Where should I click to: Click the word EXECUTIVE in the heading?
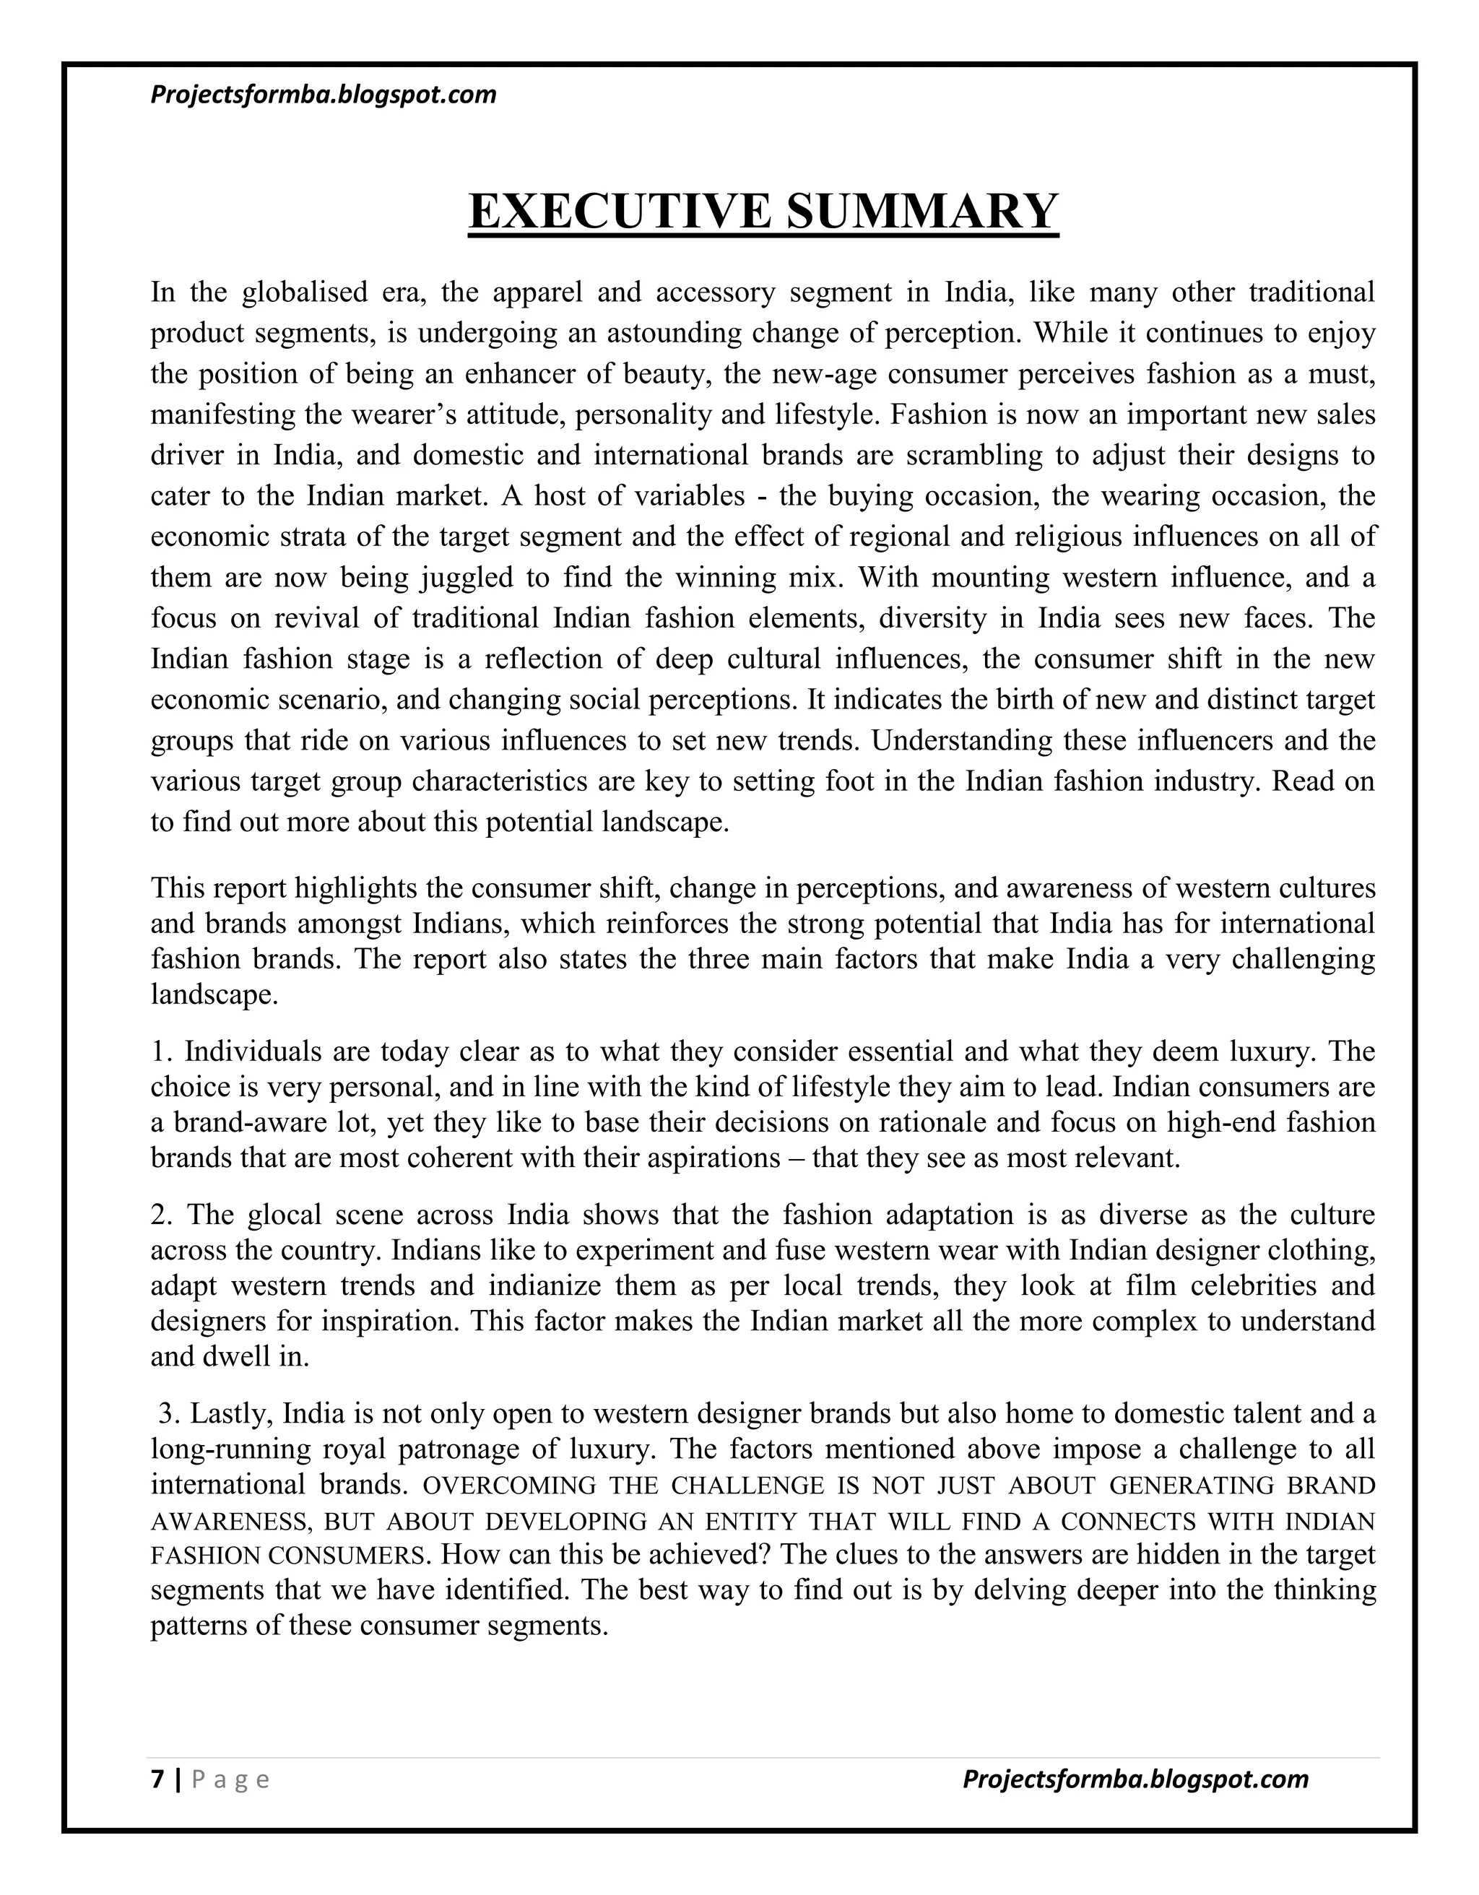620,211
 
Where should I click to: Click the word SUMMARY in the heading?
921,211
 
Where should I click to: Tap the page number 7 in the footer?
157,1779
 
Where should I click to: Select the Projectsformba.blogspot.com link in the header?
324,94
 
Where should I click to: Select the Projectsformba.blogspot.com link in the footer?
1135,1779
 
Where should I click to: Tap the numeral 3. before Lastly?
169,1413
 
